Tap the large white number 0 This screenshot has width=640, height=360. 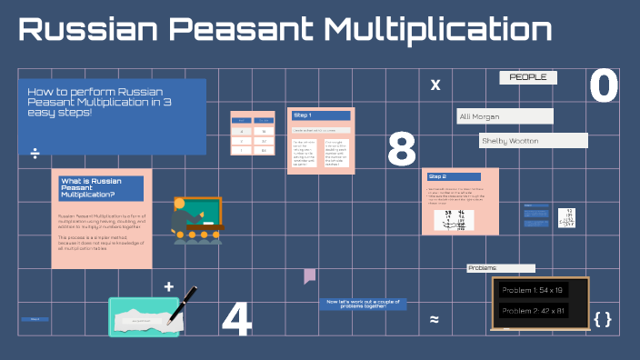(x=604, y=87)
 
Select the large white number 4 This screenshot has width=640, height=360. (x=236, y=319)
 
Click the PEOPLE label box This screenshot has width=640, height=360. (x=528, y=78)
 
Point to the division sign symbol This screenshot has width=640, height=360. (x=35, y=153)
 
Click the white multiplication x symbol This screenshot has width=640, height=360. (x=435, y=85)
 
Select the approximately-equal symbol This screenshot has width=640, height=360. (x=435, y=319)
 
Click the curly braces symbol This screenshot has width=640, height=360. (x=602, y=319)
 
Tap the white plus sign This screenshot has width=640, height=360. (x=168, y=287)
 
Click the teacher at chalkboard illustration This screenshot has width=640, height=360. (x=195, y=219)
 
